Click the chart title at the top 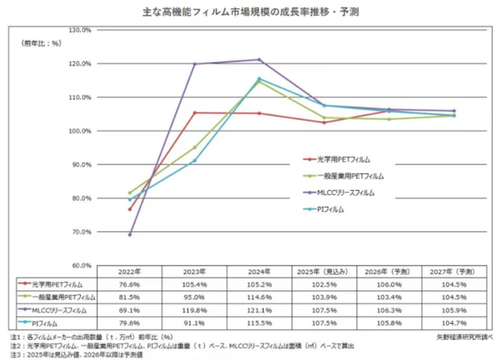(x=251, y=12)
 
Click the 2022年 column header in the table (x=130, y=273)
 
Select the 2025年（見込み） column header (x=324, y=273)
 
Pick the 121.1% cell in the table (x=259, y=309)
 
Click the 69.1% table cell (x=130, y=309)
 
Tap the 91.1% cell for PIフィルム (x=194, y=321)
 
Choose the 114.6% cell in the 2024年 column (x=259, y=297)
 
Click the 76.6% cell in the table (x=130, y=285)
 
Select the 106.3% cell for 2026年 (x=388, y=309)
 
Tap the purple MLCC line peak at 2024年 (x=259, y=59)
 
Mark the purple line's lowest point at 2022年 (x=130, y=234)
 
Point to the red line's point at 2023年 (x=194, y=113)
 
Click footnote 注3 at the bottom (x=88, y=352)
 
